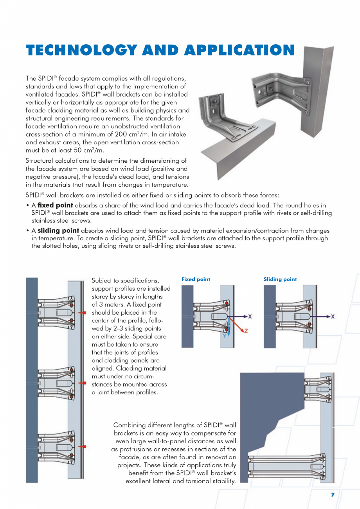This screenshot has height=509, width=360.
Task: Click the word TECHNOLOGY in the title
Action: (x=81, y=50)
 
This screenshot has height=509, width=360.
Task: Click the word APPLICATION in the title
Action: (x=239, y=50)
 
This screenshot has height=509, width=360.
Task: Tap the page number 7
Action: (x=333, y=495)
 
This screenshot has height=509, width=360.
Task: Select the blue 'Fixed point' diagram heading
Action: (x=196, y=279)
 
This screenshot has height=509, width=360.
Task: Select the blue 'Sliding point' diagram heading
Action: (x=280, y=279)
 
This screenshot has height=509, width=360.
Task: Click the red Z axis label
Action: (x=246, y=331)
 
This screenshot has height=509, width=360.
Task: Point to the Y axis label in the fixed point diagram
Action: (x=225, y=336)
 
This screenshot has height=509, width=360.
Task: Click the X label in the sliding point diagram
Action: (x=333, y=316)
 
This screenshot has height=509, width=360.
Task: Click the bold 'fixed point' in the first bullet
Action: (x=55, y=205)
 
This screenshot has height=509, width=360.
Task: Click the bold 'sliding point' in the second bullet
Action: (x=58, y=231)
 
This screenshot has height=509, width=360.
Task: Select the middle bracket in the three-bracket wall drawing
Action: (x=57, y=383)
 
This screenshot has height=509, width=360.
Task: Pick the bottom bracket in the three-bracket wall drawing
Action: (x=57, y=446)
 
